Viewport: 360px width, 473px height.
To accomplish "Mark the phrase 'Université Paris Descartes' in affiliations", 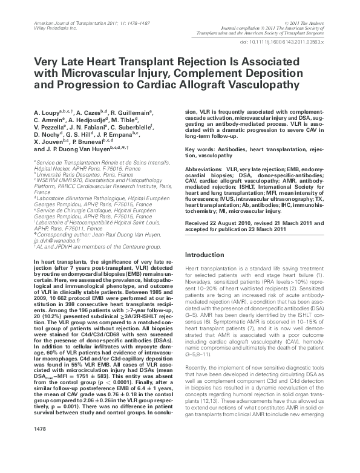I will click(x=67, y=174).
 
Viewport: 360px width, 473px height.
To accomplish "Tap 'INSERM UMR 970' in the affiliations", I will click(x=59, y=180).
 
